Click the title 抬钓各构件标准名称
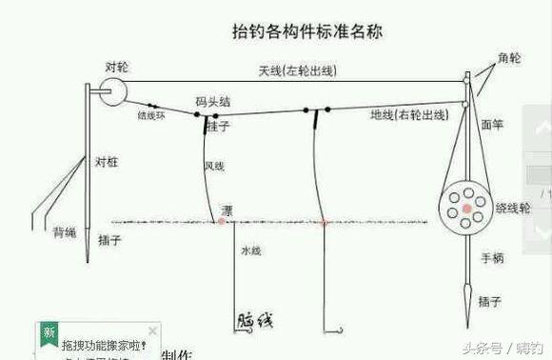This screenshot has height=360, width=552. [307, 32]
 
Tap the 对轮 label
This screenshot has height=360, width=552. [117, 68]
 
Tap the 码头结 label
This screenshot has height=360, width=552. [211, 100]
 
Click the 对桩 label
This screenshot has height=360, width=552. [106, 162]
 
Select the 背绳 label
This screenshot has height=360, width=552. [65, 231]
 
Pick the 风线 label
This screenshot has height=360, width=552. [214, 167]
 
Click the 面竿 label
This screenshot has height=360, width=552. [492, 124]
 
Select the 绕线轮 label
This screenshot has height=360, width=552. [513, 207]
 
